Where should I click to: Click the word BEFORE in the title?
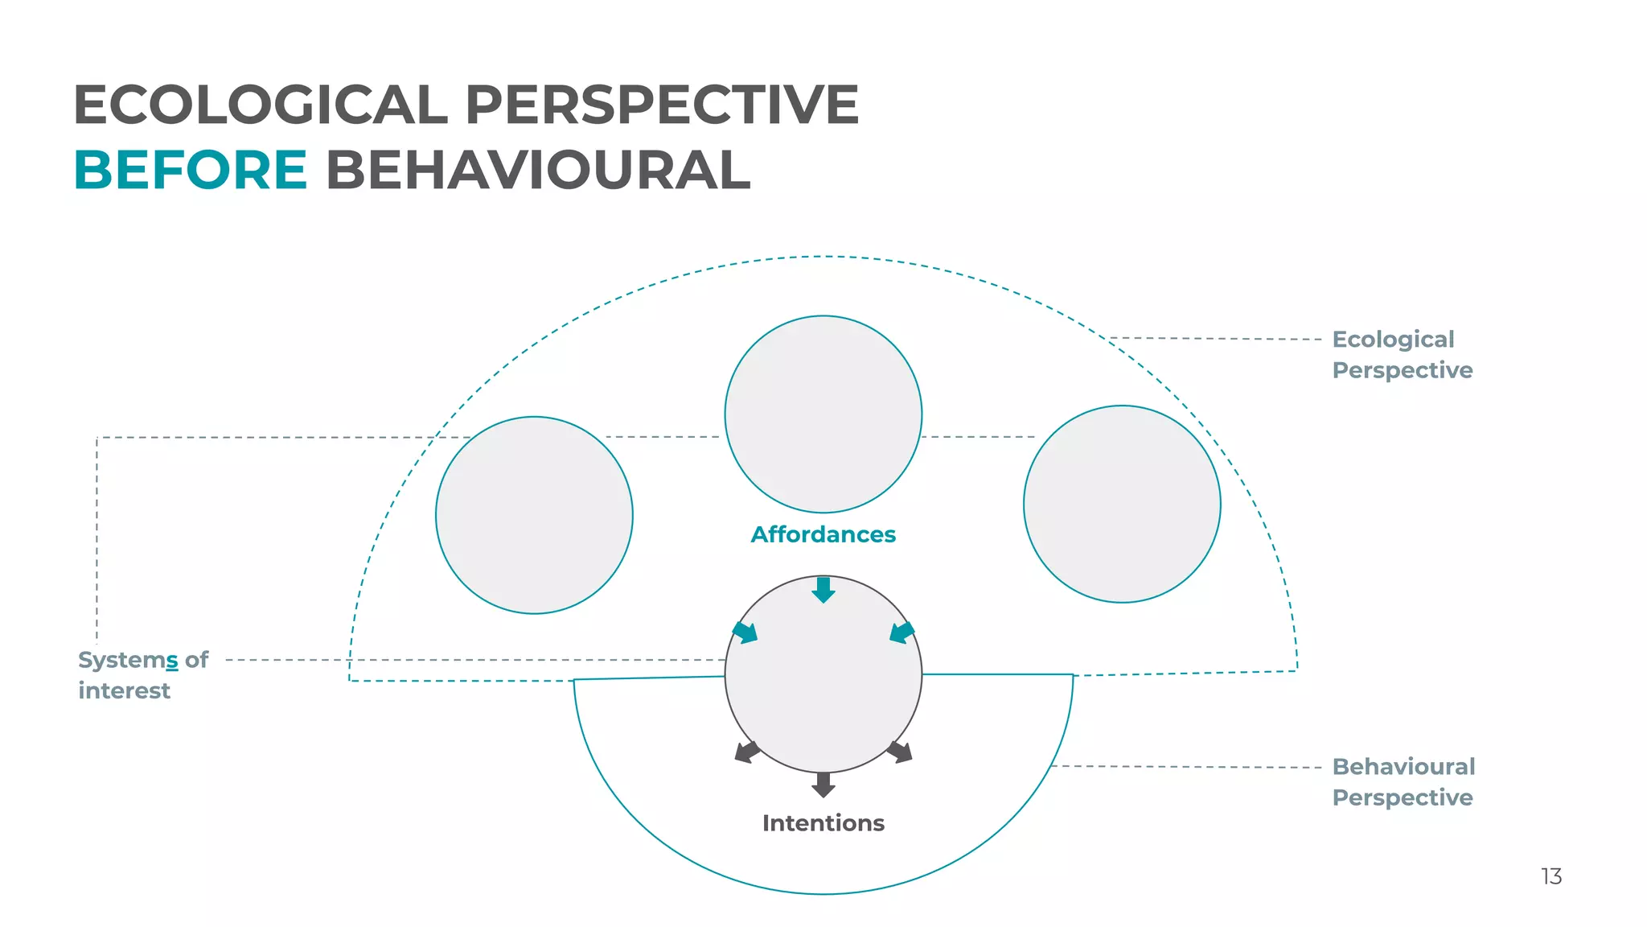point(191,171)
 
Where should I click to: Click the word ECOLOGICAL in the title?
point(260,105)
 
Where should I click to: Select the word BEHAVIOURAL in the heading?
point(538,171)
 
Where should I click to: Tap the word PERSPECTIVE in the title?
point(661,105)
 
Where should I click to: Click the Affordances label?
point(823,534)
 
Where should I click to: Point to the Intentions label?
point(823,823)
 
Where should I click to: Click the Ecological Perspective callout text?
point(1402,355)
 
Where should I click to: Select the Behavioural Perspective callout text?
point(1403,782)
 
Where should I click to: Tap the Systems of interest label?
point(142,675)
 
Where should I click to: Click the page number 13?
point(1551,876)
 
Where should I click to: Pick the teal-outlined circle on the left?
point(534,515)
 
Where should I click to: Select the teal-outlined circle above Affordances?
point(823,414)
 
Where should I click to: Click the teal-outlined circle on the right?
point(1122,505)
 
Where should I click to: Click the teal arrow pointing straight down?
point(823,590)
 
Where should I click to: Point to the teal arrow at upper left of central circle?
point(745,632)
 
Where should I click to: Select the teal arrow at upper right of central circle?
point(902,632)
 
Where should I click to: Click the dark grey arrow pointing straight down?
point(823,785)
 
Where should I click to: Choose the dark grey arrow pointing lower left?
point(747,752)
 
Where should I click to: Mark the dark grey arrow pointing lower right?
point(900,752)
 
